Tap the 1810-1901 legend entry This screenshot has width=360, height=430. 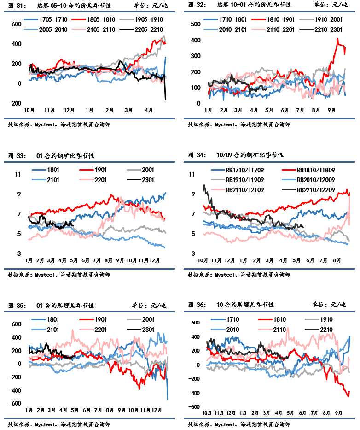[x=278, y=20]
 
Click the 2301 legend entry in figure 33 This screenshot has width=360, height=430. [x=148, y=180]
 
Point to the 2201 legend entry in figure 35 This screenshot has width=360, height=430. [x=100, y=329]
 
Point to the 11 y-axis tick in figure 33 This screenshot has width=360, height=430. [x=18, y=174]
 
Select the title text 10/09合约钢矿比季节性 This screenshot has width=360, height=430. [x=250, y=155]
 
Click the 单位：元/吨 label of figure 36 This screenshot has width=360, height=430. [x=330, y=305]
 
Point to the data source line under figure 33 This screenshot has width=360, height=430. [x=58, y=275]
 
